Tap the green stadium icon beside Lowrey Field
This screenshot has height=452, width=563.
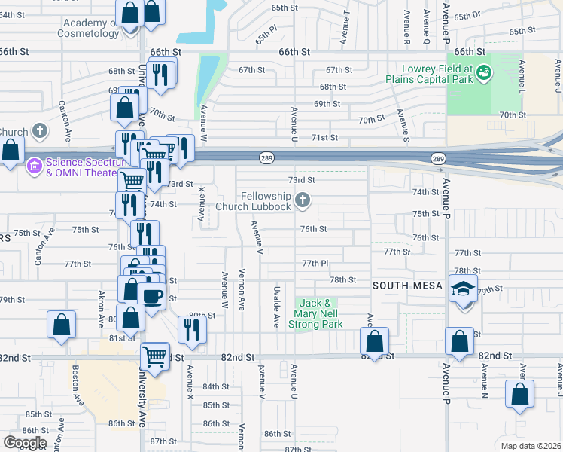(485, 72)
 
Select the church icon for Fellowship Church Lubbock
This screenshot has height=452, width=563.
(303, 200)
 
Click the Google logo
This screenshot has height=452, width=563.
(25, 443)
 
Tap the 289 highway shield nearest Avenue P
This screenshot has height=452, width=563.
(438, 158)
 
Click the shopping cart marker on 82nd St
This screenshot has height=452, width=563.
(155, 355)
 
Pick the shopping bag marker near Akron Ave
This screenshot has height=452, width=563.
(61, 325)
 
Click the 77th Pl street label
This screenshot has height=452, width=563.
(315, 264)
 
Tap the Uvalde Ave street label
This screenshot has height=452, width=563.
(277, 306)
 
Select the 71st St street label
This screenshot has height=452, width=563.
(324, 138)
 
